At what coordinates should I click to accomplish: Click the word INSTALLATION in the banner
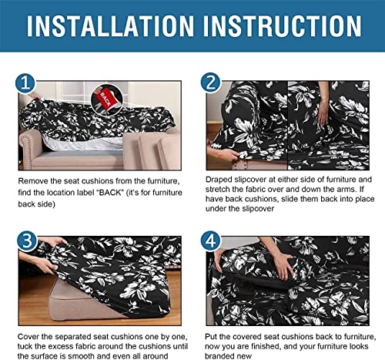pyautogui.click(x=110, y=26)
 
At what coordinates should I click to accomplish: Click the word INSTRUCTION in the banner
pyautogui.click(x=283, y=26)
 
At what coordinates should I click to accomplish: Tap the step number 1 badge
pyautogui.click(x=25, y=83)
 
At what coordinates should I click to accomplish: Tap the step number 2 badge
pyautogui.click(x=210, y=82)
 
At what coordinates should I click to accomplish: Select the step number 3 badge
pyautogui.click(x=27, y=241)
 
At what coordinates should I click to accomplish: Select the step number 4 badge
pyautogui.click(x=210, y=241)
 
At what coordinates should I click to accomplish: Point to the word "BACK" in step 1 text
pyautogui.click(x=110, y=193)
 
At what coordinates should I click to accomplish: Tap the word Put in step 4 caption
pyautogui.click(x=211, y=336)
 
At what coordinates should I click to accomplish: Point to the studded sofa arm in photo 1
pyautogui.click(x=28, y=148)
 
